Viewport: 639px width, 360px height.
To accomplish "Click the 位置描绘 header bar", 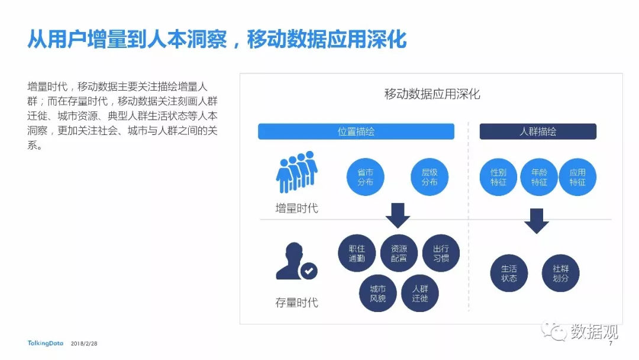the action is (356, 131).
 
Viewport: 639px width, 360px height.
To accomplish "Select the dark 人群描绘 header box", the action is (537, 131).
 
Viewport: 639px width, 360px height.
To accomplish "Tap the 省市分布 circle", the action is (365, 177).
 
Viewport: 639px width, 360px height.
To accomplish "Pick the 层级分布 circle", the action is (429, 177).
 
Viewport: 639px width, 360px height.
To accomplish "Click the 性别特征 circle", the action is (498, 177).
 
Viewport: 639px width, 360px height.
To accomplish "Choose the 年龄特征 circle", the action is (539, 177).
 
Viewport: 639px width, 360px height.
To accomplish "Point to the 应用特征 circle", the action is (577, 177).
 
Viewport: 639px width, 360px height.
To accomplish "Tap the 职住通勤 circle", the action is (357, 253).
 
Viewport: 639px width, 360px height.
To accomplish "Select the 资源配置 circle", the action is (399, 253).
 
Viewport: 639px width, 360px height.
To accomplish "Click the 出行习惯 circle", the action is (441, 253).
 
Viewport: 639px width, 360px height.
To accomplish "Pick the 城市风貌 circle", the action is (377, 293).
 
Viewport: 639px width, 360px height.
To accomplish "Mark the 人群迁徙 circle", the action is (419, 293).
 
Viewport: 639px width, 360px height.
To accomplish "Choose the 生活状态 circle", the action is (509, 273).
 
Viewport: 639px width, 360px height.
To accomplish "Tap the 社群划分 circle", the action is (560, 273).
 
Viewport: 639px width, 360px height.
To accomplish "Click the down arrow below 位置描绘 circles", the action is (398, 216).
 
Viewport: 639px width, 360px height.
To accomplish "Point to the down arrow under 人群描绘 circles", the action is (536, 221).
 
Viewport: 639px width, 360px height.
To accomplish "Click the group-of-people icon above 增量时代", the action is (296, 172).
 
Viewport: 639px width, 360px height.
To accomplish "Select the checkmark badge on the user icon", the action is (309, 271).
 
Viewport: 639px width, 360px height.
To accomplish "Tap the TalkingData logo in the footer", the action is (45, 343).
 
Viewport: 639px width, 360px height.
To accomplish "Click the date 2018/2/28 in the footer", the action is (84, 343).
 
